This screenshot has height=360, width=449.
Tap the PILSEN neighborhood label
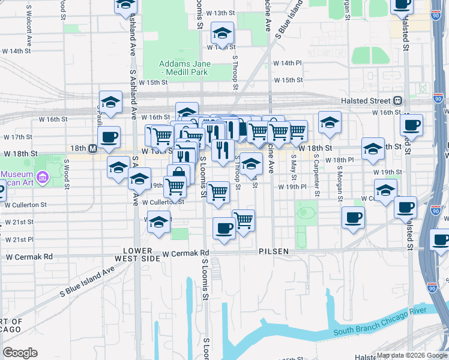275,251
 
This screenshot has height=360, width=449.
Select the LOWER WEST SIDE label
142,254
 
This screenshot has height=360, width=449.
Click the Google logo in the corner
20,353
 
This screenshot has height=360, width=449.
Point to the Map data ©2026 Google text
412,355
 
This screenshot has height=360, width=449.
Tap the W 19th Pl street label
292,187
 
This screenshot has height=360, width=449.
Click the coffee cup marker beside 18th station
109,137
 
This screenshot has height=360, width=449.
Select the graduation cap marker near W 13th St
222,34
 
